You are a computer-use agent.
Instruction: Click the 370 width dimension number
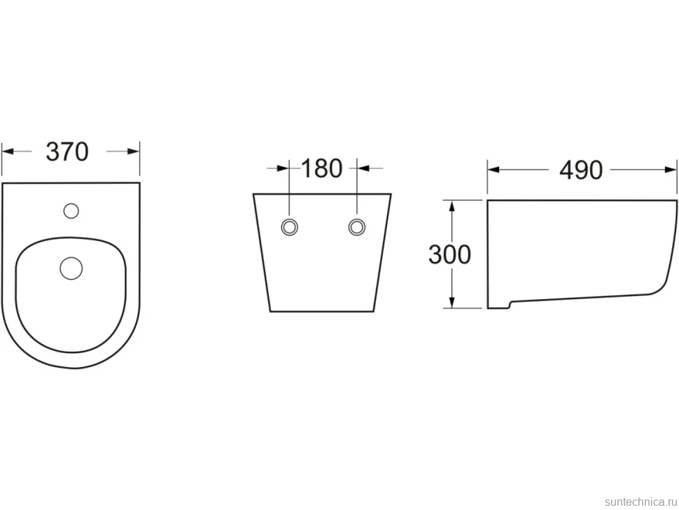pos(67,151)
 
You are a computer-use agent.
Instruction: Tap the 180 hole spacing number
pos(321,168)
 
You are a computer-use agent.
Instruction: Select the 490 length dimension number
pos(581,170)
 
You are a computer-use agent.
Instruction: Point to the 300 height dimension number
pos(449,254)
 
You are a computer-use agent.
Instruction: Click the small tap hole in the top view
pos(71,211)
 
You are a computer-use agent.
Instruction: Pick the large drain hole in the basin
pos(71,268)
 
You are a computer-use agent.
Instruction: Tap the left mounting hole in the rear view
pos(289,227)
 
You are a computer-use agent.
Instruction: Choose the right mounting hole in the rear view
pos(357,227)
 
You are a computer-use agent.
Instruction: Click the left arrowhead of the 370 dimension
pos(8,151)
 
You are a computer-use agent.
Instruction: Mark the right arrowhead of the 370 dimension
pos(134,151)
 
